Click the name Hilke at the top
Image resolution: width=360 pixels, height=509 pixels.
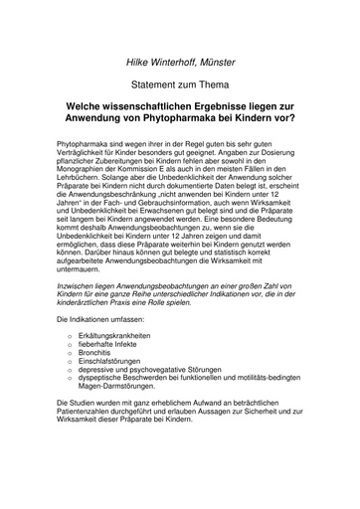(138, 64)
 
